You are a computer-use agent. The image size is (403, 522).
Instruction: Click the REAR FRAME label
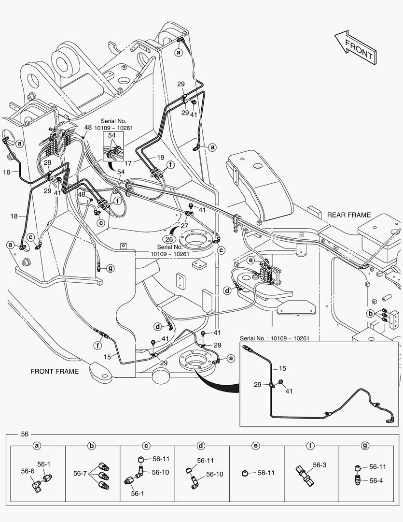(x=349, y=215)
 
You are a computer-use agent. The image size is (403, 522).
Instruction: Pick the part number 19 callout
(x=160, y=157)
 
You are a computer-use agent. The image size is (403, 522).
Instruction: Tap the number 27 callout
(x=184, y=226)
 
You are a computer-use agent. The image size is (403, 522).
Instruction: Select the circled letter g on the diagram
(x=110, y=268)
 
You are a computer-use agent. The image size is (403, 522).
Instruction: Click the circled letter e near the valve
(x=250, y=260)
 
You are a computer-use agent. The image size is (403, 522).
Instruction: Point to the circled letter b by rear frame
(x=370, y=313)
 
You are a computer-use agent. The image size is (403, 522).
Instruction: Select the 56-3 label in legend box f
(x=319, y=465)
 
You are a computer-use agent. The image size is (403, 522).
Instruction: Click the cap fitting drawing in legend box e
(x=245, y=473)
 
